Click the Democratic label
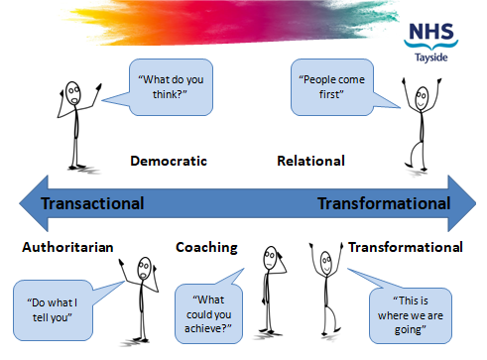169,160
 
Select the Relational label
311,160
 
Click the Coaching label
206,247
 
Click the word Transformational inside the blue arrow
383,203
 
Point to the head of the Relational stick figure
423,97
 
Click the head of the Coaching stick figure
270,261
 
